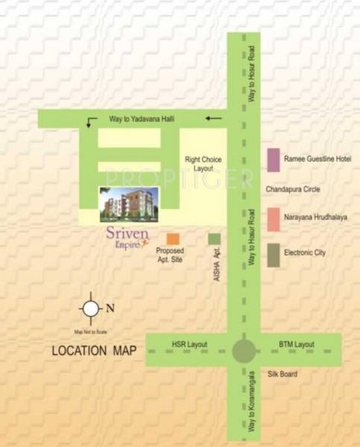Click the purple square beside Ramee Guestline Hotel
[274, 159]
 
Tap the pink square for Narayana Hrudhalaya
[274, 219]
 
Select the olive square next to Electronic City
[274, 255]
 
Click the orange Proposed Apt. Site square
[173, 239]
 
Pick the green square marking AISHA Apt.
[215, 239]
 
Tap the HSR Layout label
[189, 344]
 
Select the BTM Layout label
[297, 344]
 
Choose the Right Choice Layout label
[203, 164]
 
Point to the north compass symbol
[91, 307]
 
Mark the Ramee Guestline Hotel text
[318, 159]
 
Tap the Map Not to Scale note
[90, 331]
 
